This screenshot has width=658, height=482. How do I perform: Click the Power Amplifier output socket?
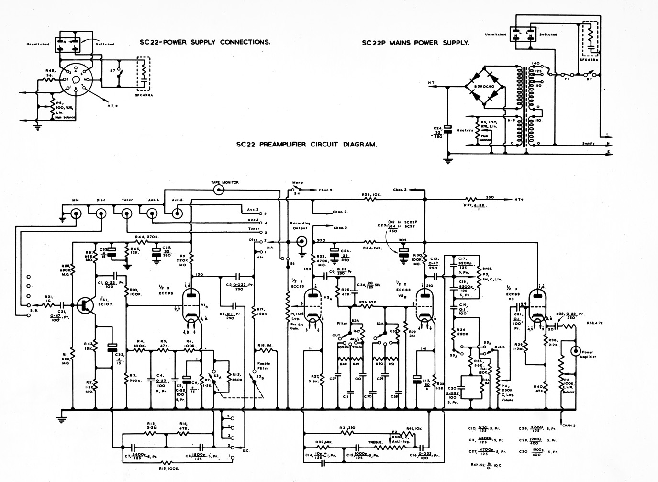574,351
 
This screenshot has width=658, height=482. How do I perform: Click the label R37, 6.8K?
474,206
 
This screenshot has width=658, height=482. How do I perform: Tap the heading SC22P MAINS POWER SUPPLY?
415,43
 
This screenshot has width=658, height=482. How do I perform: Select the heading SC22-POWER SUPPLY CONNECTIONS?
205,42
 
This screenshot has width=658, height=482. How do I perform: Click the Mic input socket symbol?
75,214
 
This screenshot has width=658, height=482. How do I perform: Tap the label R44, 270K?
146,237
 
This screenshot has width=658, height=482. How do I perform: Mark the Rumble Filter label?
263,366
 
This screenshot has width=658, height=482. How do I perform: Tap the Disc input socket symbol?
101,214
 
